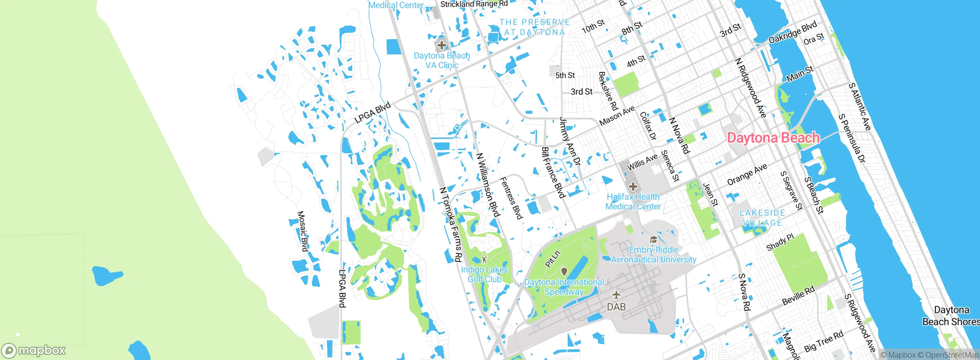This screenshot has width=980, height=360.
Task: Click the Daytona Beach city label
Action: (773, 138)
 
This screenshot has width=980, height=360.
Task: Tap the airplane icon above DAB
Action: (616, 295)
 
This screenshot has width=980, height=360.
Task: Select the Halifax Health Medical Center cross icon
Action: (633, 187)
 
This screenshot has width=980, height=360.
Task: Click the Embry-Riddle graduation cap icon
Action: (653, 240)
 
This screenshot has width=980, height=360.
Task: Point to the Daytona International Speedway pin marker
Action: (564, 272)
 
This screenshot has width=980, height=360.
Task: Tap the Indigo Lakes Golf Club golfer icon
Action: (484, 259)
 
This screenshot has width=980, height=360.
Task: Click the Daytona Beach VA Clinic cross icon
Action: (442, 45)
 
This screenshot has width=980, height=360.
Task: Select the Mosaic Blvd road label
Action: (303, 231)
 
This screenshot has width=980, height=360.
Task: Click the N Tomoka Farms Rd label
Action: (450, 224)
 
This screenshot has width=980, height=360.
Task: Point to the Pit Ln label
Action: (552, 259)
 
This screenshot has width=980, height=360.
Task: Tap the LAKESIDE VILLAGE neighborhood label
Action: (762, 218)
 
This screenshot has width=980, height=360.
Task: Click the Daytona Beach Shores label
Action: (951, 316)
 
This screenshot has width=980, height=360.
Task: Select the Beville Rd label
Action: (798, 296)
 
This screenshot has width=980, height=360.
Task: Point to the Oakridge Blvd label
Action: (793, 32)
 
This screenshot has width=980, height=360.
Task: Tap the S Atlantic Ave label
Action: (860, 107)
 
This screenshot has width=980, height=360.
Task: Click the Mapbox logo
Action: (34, 350)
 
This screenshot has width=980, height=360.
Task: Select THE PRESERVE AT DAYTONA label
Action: (534, 27)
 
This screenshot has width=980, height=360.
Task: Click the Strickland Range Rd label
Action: (474, 4)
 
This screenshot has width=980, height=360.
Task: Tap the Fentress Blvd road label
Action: (511, 198)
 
